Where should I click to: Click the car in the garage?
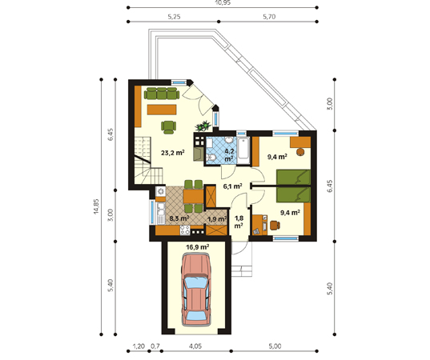point(196,290)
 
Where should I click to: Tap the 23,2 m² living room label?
point(172,153)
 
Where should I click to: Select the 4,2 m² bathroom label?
point(229,154)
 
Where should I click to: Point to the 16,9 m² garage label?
point(198,247)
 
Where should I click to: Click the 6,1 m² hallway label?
point(232,186)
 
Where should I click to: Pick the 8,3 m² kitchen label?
point(179,218)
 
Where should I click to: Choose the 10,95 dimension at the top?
point(223,2)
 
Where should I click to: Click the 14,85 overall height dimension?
point(96,206)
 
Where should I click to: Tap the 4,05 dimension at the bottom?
point(195,346)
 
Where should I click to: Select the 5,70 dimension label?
point(269,17)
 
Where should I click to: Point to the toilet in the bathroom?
point(211,158)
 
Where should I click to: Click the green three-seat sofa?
point(162,93)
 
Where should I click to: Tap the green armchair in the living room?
point(168,127)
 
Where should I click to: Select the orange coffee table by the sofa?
point(162,110)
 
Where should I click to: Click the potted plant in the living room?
point(203,126)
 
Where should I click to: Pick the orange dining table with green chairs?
point(194,196)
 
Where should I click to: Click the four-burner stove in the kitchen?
point(185,230)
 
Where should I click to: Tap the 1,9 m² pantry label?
point(217,219)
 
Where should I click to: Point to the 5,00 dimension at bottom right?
point(275,346)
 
